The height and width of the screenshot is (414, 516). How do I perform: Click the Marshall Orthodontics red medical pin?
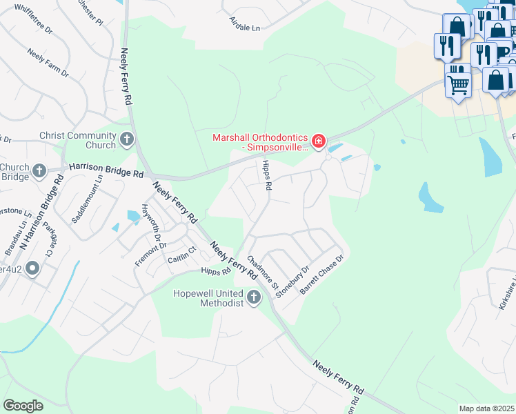pos(318,142)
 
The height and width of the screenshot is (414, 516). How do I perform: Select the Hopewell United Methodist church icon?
pos(254,297)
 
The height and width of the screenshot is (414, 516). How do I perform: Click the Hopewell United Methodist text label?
pos(209,298)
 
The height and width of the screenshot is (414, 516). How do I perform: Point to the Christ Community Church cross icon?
pos(127,140)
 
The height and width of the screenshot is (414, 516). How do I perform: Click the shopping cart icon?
pos(457,85)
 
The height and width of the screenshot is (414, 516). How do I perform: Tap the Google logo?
pos(23,406)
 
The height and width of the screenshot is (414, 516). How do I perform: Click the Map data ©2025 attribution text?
pos(486,408)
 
